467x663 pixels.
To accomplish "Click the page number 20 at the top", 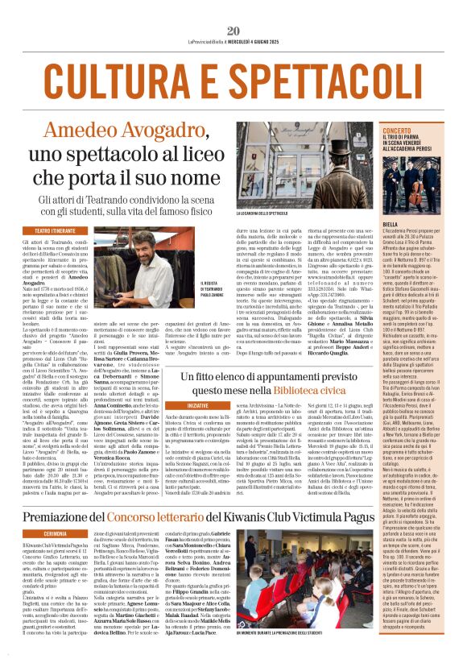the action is pos(233,30).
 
